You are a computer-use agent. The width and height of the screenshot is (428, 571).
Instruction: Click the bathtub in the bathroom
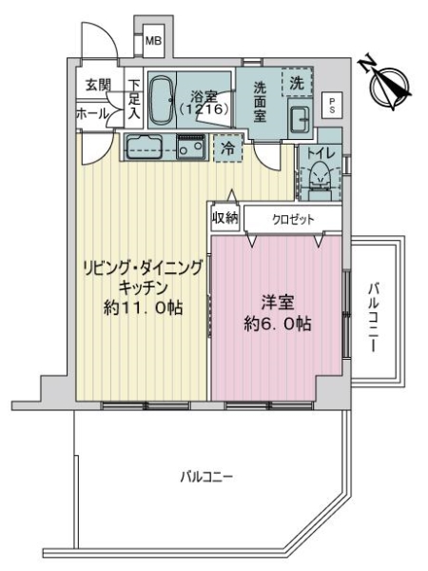[x=161, y=99]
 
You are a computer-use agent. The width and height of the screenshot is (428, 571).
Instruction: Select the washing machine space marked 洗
[x=296, y=83]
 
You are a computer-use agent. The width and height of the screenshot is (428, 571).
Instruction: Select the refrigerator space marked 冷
[x=227, y=148]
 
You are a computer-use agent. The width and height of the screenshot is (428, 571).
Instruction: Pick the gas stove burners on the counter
[x=190, y=148]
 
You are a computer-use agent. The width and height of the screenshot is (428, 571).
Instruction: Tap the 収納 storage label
[x=224, y=218]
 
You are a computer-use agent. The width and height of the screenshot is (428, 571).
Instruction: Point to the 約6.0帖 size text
[x=278, y=323]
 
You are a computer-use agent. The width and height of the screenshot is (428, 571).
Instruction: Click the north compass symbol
[x=387, y=80]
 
